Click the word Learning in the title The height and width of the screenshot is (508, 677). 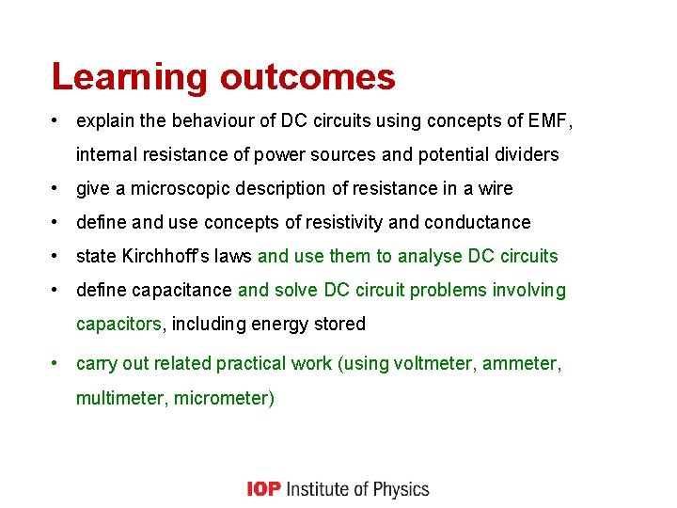(130, 77)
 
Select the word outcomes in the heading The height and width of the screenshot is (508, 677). (307, 77)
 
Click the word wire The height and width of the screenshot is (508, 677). (495, 188)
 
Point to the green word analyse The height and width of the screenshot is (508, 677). (429, 256)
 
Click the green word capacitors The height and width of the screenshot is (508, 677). (118, 324)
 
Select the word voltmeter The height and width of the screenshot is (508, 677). (434, 363)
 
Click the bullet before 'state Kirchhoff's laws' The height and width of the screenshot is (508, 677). (56, 256)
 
